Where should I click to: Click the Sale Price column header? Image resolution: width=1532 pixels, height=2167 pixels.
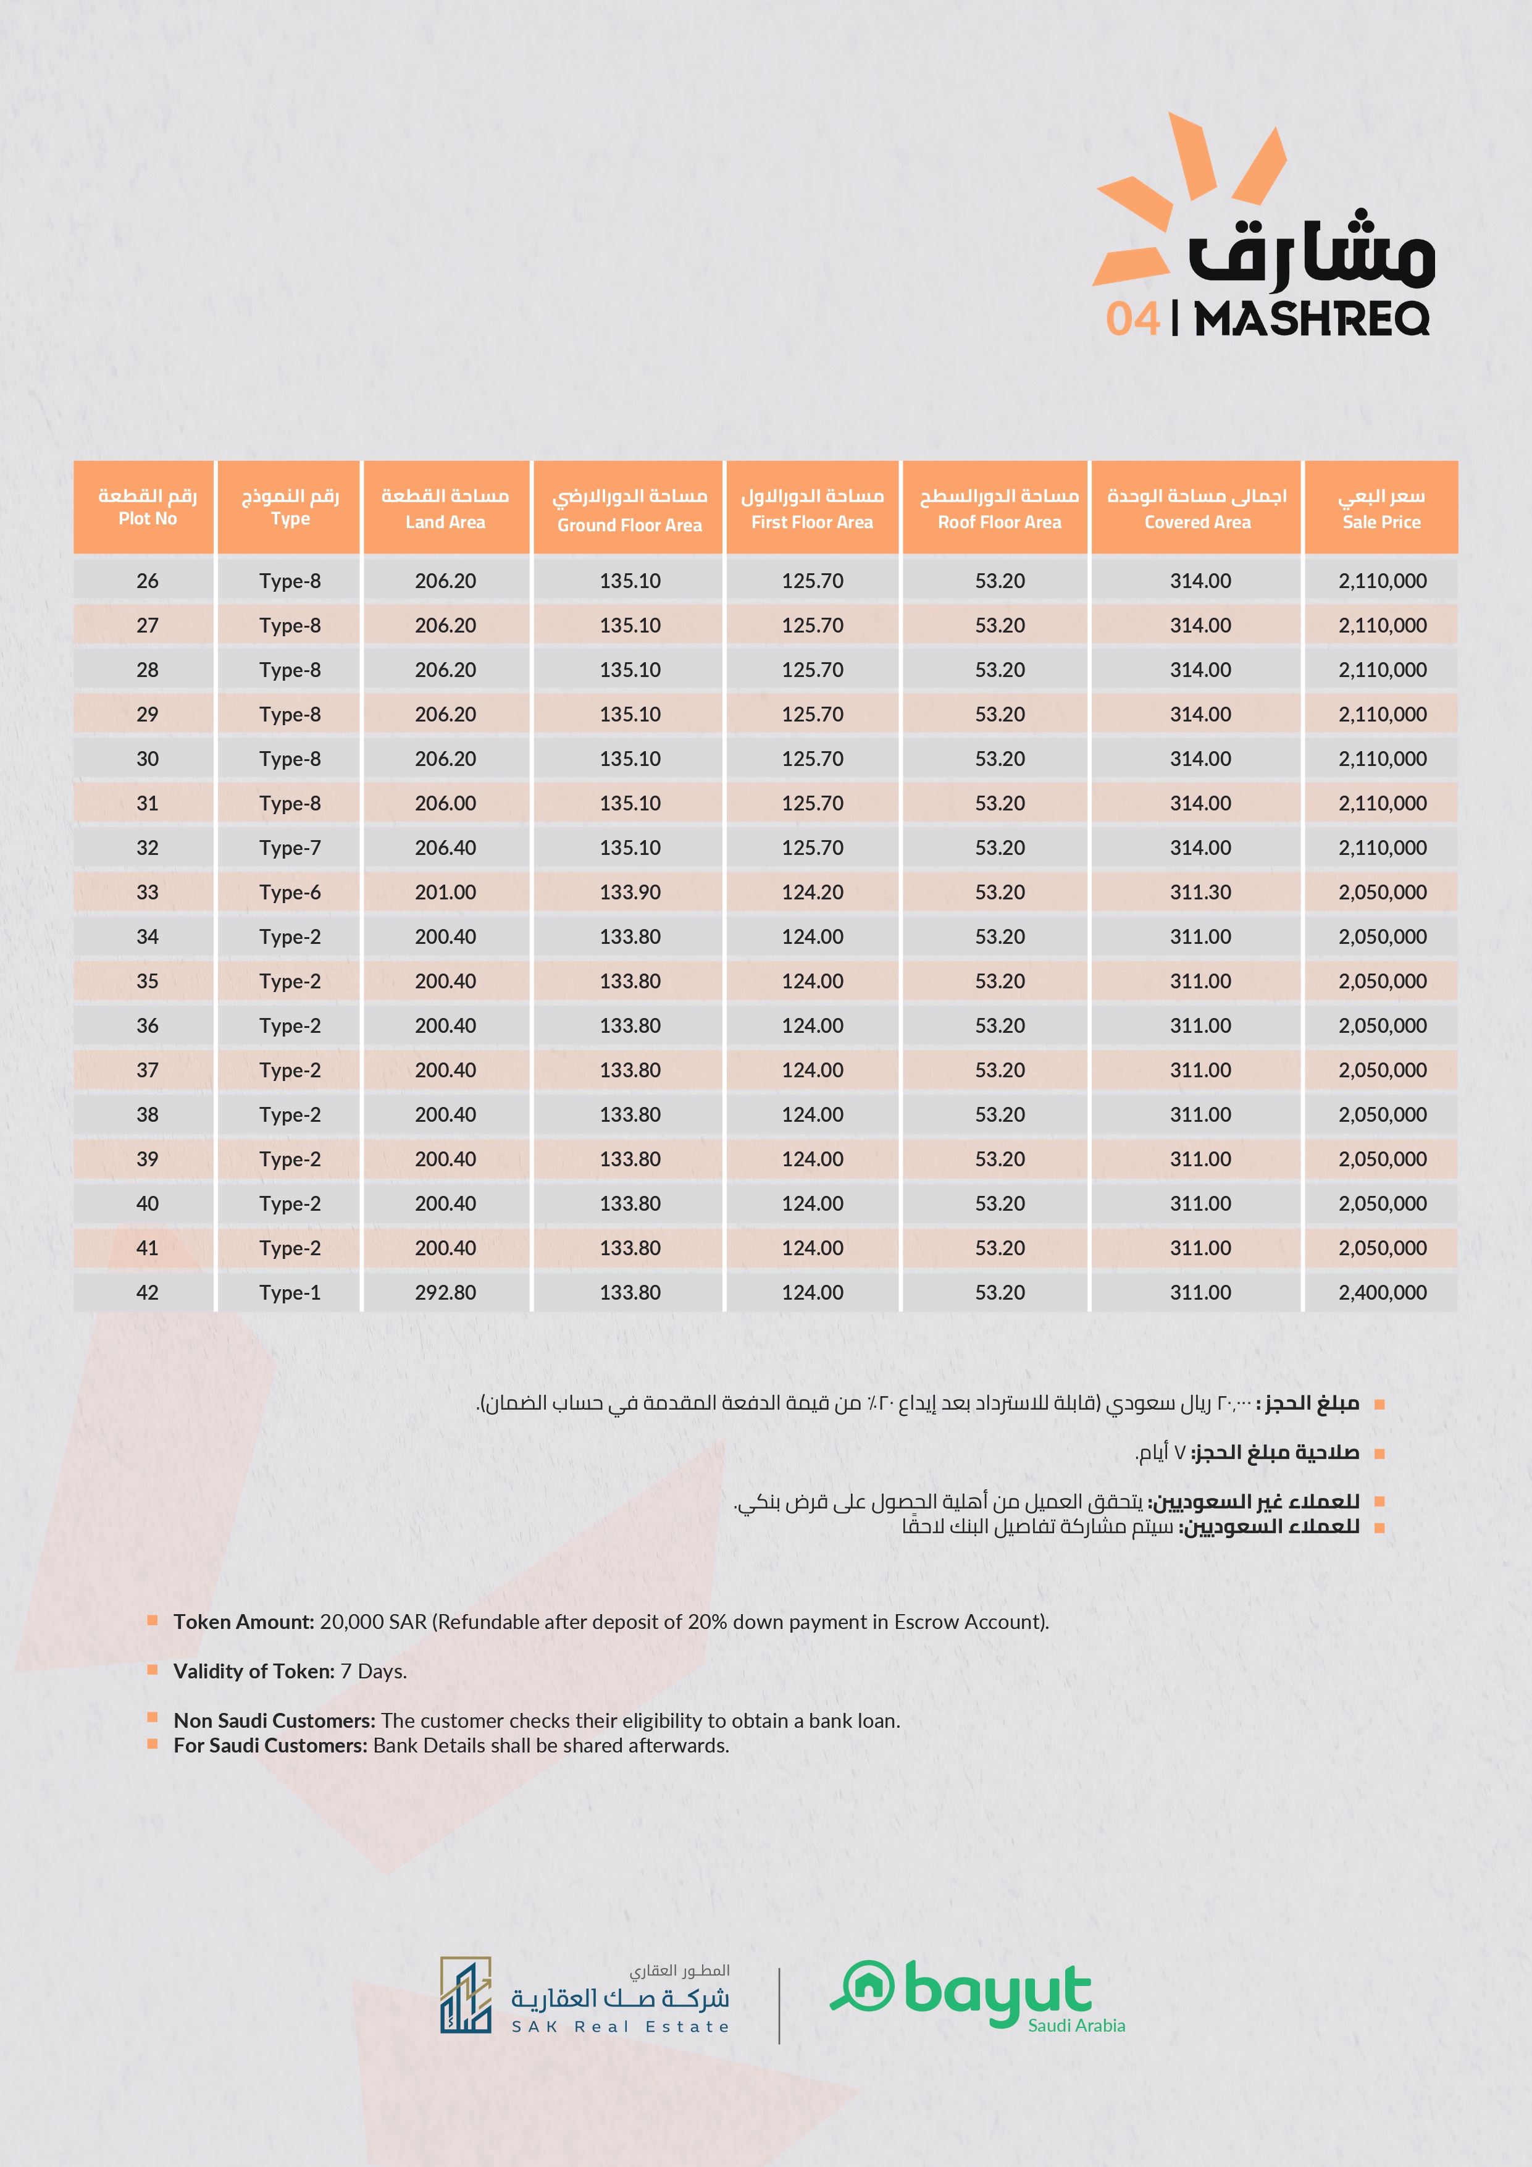tap(1381, 508)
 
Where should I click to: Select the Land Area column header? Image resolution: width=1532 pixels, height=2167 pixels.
tap(445, 508)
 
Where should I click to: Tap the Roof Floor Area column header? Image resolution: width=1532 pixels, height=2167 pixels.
tap(999, 508)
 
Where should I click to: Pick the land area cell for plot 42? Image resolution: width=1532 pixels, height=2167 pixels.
tap(445, 1292)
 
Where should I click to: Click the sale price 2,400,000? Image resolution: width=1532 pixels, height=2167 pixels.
tap(1382, 1292)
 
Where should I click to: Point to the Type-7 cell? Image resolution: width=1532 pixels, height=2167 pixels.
tap(290, 848)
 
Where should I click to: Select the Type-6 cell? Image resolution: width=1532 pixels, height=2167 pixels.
tap(290, 892)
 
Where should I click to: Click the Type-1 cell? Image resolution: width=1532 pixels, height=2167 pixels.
tap(290, 1292)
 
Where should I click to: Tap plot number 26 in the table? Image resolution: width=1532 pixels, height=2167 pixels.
tap(147, 581)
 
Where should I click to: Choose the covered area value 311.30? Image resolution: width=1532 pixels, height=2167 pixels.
tap(1200, 892)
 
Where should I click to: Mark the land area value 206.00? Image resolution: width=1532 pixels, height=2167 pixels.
tap(445, 803)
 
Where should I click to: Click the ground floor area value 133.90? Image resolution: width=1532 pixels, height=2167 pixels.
tap(630, 892)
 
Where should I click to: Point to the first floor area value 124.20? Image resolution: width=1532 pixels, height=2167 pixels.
tap(812, 892)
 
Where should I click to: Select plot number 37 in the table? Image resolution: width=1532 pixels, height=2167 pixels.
tap(147, 1071)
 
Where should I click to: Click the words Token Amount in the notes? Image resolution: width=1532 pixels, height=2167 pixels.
tap(243, 1622)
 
